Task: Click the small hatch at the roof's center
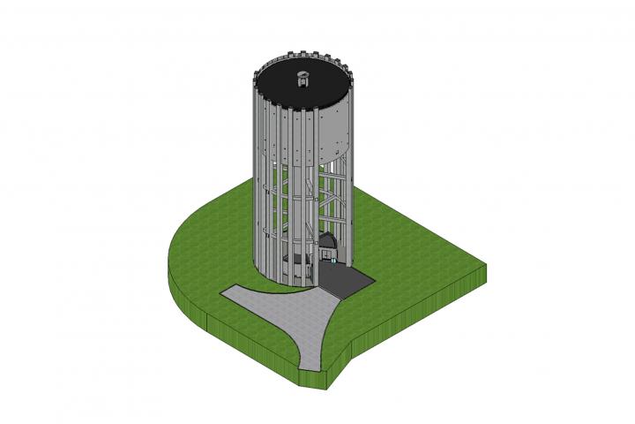click(x=303, y=79)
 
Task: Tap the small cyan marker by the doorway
click(x=332, y=260)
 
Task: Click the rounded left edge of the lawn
click(x=171, y=265)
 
